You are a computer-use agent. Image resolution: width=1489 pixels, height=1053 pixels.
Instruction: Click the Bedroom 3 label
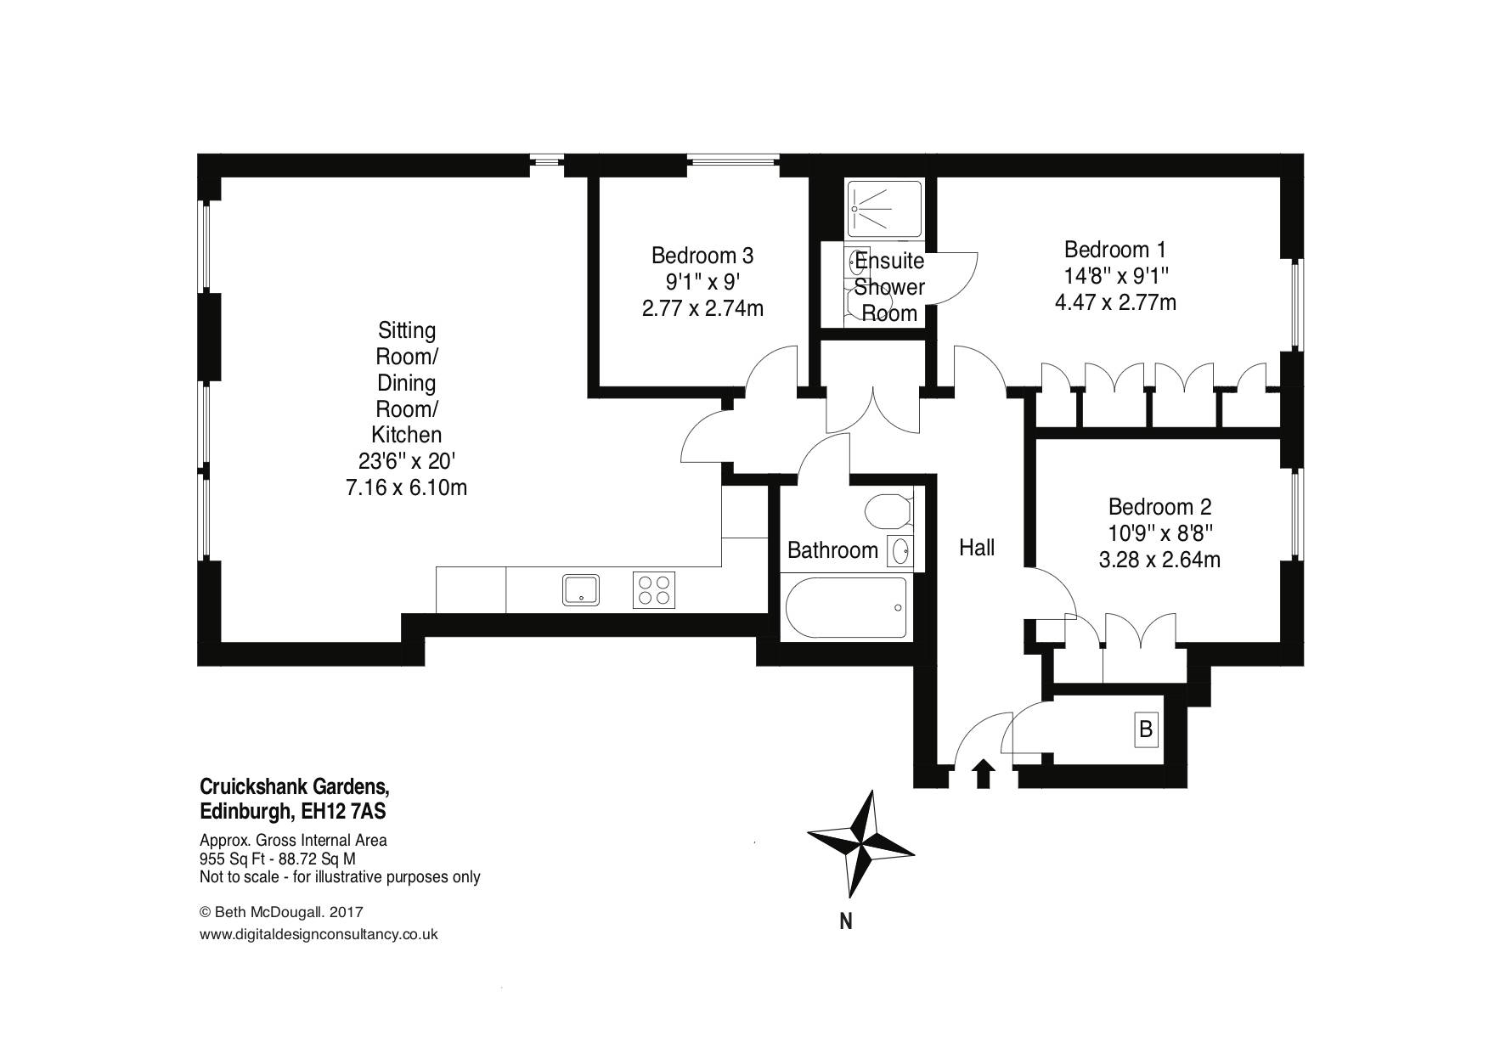coord(702,255)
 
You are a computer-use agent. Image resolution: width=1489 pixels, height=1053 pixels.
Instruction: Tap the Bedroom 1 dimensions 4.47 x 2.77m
coord(1115,302)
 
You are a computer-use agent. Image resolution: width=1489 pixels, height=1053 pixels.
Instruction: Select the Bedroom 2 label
coord(1159,507)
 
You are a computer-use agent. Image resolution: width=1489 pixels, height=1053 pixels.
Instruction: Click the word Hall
coord(977,548)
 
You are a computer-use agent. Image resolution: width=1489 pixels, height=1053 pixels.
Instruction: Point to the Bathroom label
coord(832,550)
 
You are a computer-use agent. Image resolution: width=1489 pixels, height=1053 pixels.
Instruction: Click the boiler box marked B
coord(1146,729)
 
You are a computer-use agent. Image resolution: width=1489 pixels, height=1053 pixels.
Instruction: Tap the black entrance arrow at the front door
coord(984,774)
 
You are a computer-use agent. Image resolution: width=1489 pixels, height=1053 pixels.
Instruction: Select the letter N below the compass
coord(846,921)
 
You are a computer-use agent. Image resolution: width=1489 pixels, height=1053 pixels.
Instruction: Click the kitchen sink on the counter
coord(581,589)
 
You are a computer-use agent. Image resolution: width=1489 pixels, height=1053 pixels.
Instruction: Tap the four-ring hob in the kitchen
coord(653,590)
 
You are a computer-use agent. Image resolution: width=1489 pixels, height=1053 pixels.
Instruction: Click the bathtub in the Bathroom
coord(845,607)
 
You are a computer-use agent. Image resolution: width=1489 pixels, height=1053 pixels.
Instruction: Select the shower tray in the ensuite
coord(883,209)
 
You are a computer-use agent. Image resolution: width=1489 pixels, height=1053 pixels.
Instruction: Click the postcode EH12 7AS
coord(343,812)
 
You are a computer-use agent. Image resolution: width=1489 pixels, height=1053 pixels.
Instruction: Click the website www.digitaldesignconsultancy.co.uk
coord(319,934)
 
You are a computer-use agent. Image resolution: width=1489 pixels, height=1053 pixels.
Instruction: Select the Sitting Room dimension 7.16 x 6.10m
coord(406,487)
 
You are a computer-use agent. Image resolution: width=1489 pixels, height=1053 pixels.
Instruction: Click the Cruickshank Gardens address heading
coord(295,786)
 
